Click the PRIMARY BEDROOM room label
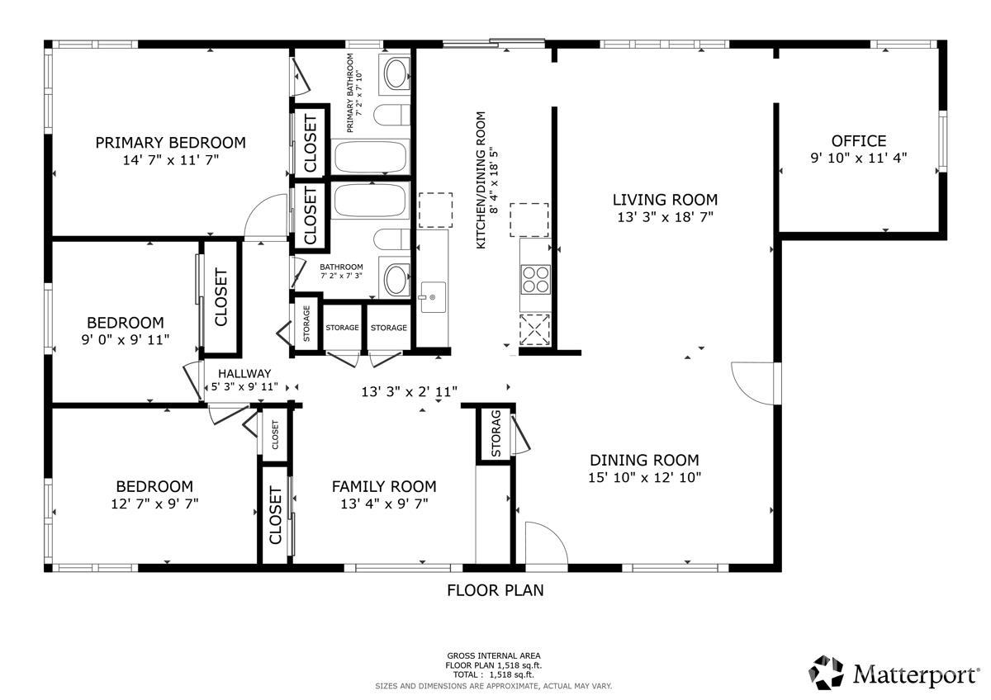(170, 143)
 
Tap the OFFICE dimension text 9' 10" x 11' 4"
(858, 158)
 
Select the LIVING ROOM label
(665, 200)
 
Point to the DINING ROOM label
(644, 461)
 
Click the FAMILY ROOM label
(384, 486)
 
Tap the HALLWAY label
(244, 374)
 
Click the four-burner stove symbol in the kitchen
(536, 280)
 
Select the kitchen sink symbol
(433, 297)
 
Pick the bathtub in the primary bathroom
(370, 157)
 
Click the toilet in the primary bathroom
(392, 115)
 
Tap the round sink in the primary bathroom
(395, 73)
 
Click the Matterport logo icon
(827, 672)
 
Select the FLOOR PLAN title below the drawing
(495, 590)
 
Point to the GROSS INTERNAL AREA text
(493, 655)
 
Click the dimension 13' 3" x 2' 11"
(410, 392)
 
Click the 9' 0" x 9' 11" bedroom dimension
(126, 339)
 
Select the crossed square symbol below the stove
(535, 330)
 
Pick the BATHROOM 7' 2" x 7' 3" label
(341, 271)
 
